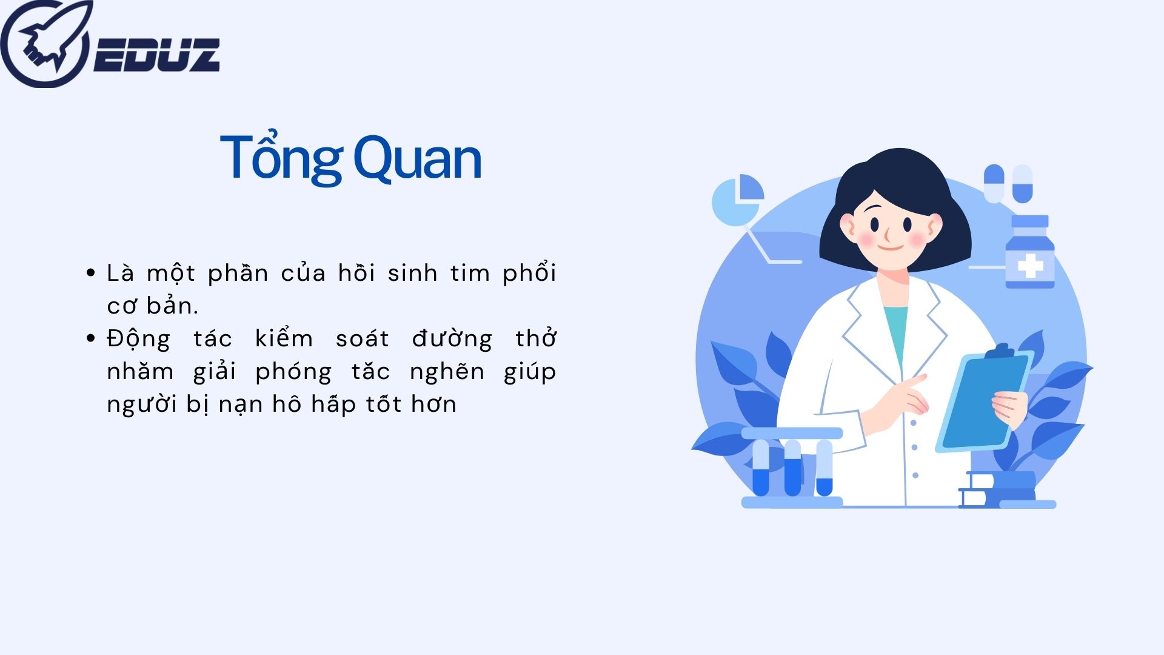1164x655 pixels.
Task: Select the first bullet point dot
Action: [x=91, y=273]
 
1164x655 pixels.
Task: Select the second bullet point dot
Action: [x=91, y=338]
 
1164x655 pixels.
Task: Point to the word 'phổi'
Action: [x=529, y=274]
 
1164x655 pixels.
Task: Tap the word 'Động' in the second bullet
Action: [x=138, y=339]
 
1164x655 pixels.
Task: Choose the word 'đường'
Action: [x=452, y=339]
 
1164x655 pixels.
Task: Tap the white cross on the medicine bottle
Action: [x=1030, y=266]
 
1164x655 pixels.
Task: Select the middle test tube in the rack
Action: [x=792, y=468]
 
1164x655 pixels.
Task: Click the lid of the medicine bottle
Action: [x=1030, y=221]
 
